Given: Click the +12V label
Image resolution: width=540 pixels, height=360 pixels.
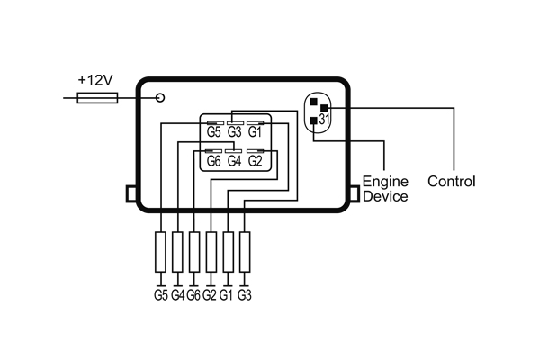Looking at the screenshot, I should (x=94, y=80).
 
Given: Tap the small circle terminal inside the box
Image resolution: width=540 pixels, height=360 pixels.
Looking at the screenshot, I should (x=160, y=97).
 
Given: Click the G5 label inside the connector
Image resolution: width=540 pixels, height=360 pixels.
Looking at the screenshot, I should (x=214, y=132).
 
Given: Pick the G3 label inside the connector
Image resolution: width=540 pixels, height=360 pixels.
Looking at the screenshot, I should (x=234, y=132).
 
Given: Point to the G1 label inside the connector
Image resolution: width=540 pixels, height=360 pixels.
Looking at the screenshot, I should (x=255, y=132).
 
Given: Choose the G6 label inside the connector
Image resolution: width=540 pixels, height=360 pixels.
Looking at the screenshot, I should (x=214, y=161).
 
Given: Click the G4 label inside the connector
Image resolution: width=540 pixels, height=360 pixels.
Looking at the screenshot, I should (x=234, y=161).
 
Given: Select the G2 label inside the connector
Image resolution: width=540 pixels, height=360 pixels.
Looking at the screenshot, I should (x=255, y=161).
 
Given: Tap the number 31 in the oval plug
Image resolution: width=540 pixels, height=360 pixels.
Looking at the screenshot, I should (x=325, y=118).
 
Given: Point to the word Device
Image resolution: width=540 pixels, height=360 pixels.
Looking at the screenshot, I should (x=384, y=196).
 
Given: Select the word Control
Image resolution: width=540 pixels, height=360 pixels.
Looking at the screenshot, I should (x=451, y=181).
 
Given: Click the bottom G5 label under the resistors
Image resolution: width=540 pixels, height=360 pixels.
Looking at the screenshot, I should (x=161, y=294).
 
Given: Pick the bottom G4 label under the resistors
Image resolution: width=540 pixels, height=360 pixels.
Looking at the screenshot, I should (x=177, y=294).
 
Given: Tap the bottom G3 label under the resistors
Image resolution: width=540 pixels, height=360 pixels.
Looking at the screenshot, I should (x=244, y=294).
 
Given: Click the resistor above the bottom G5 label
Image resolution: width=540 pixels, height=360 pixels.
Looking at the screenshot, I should (x=161, y=251).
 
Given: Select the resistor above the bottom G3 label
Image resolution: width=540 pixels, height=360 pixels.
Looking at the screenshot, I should (x=243, y=251).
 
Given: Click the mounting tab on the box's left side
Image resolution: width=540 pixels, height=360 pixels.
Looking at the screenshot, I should (x=130, y=194).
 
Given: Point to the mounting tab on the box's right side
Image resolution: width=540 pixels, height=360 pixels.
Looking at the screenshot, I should (x=354, y=194).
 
